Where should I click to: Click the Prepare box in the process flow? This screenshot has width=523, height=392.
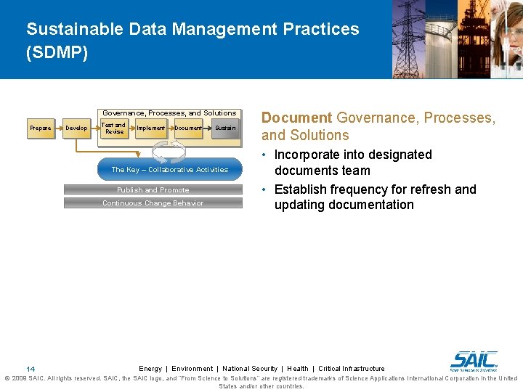[x=41, y=128]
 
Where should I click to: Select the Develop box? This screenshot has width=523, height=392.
[x=76, y=128]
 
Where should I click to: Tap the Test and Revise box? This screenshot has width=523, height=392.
[x=114, y=128]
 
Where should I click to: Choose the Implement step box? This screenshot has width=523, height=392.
[x=151, y=128]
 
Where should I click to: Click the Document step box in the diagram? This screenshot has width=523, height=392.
[x=188, y=128]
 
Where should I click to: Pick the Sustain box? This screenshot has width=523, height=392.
[x=224, y=128]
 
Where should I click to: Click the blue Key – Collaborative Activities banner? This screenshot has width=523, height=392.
[x=169, y=170]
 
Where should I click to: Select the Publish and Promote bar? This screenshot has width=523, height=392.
[x=153, y=190]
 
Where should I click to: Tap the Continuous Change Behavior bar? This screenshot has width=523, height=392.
[x=153, y=203]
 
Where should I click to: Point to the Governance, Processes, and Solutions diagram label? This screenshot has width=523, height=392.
[x=169, y=113]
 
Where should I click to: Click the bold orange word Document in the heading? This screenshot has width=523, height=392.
[x=296, y=118]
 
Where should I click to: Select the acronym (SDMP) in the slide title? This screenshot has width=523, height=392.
[x=57, y=54]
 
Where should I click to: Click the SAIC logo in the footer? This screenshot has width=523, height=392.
[x=474, y=361]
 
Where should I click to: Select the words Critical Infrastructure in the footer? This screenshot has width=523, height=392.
[x=352, y=369]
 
